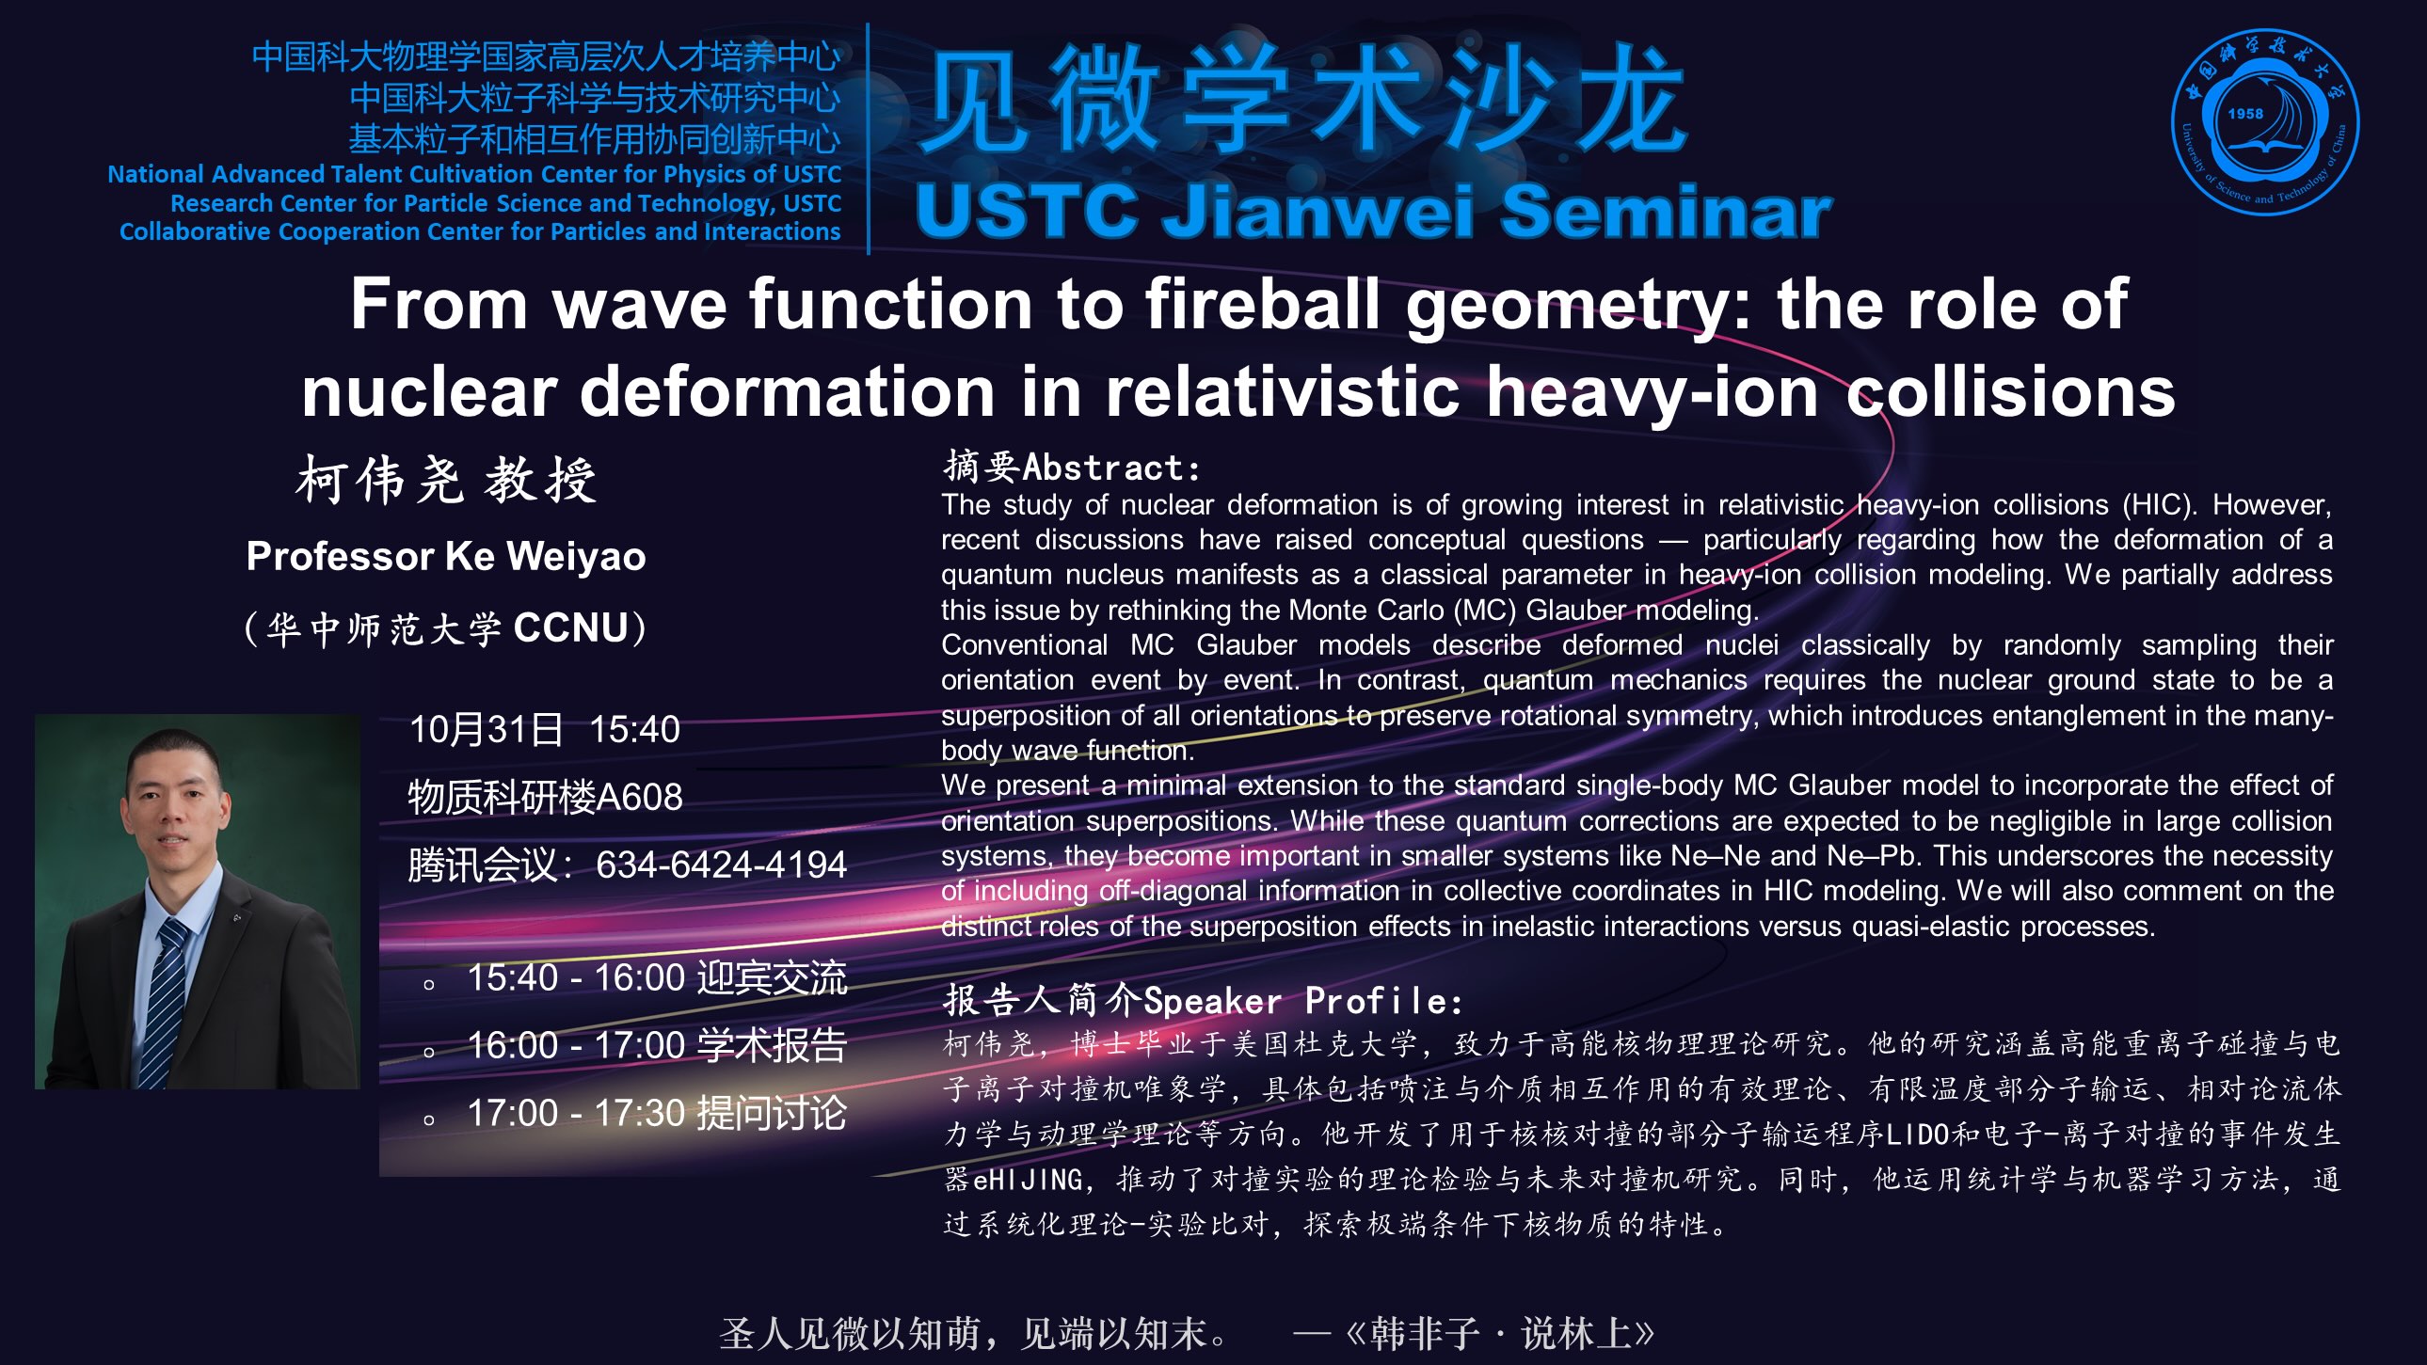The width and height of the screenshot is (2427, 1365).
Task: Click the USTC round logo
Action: click(x=2265, y=121)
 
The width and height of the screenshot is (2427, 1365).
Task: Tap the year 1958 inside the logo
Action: click(x=2245, y=113)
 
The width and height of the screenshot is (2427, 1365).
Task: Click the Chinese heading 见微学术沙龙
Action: click(x=1303, y=98)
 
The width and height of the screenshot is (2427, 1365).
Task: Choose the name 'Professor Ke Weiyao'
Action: click(x=446, y=556)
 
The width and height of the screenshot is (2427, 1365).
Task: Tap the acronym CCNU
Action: click(x=571, y=628)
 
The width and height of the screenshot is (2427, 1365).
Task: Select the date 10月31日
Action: click(x=487, y=730)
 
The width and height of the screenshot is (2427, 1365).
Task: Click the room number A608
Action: click(x=639, y=798)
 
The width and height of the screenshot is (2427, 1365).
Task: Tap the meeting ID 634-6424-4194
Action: click(x=722, y=865)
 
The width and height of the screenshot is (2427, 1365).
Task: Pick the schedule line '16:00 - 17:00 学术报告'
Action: click(x=658, y=1046)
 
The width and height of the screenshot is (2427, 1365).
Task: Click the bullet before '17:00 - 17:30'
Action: click(x=430, y=1120)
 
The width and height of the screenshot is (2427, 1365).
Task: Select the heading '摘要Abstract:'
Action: click(x=1072, y=467)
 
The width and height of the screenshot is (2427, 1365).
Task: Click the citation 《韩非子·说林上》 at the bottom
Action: click(x=1501, y=1333)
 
